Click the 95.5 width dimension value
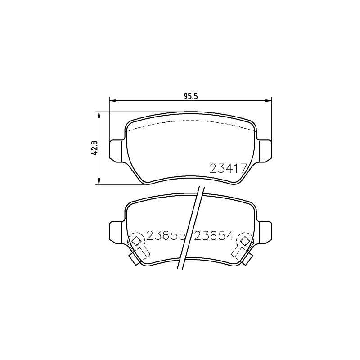tap(190, 96)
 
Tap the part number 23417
tap(228, 168)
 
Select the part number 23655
tap(166, 235)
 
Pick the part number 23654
tap(214, 235)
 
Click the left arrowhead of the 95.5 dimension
tap(112, 100)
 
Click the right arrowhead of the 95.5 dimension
tap(268, 100)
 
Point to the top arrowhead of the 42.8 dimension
tap(99, 115)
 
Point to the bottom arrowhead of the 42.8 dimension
tap(99, 181)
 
